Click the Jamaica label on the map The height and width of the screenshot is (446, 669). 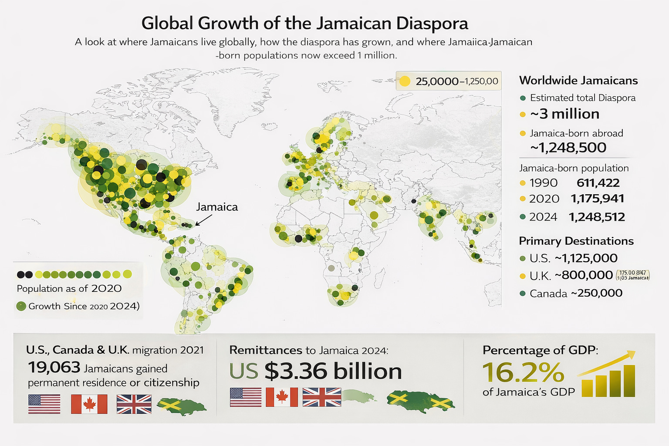(x=217, y=207)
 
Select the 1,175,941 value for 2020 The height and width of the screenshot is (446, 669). (x=597, y=199)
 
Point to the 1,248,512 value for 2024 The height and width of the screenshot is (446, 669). (x=597, y=217)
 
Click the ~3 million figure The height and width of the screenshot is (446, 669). (x=565, y=114)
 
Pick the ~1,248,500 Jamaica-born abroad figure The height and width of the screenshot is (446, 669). (x=568, y=148)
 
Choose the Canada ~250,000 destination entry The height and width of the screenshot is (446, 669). (x=576, y=294)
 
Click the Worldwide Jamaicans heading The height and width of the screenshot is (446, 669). (x=578, y=81)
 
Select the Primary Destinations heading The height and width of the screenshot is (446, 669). (x=576, y=241)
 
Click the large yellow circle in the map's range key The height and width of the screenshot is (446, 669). (x=405, y=81)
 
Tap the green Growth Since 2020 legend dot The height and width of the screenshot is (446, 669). (x=21, y=306)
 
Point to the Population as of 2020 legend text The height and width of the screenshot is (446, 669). (x=69, y=289)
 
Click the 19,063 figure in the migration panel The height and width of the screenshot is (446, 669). (x=54, y=368)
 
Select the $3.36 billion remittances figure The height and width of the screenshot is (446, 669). (x=333, y=371)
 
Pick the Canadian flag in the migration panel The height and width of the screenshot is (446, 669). (x=89, y=404)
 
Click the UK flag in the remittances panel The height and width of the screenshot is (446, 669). (x=322, y=397)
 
